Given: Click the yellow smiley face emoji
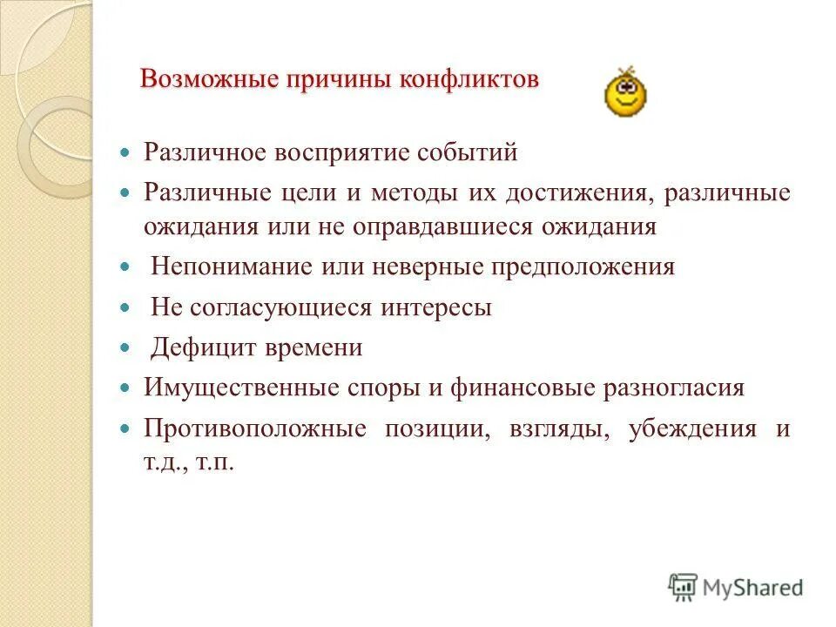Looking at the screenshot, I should click(625, 94).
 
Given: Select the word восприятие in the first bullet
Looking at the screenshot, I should click(344, 153).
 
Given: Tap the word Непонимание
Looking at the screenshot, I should click(231, 266).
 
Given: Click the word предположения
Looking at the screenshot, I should click(568, 266).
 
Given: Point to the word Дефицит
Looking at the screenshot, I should click(202, 348).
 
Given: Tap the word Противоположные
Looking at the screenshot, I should click(254, 429).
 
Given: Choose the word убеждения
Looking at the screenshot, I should click(691, 429).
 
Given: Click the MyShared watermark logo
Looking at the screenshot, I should click(736, 587).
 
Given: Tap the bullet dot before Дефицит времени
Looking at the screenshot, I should click(125, 347).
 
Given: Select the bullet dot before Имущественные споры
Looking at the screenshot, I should click(125, 386).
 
